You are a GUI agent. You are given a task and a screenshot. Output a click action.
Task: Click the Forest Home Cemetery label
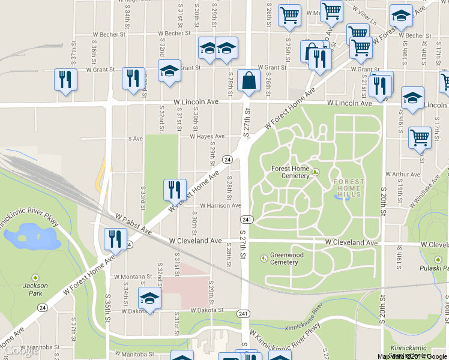pyautogui.click(x=290, y=172)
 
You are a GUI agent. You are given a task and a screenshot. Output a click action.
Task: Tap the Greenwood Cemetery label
pyautogui.click(x=284, y=258)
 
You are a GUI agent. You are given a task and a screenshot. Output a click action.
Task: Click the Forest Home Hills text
pyautogui.click(x=348, y=188)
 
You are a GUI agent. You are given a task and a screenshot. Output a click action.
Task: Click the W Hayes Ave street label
pyautogui.click(x=207, y=136)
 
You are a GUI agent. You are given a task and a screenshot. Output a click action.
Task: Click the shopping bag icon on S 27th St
pyautogui.click(x=249, y=80)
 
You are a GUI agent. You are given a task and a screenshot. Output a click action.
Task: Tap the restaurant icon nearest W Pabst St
pyautogui.click(x=113, y=239)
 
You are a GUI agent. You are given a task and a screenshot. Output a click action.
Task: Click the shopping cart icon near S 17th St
pyautogui.click(x=420, y=137)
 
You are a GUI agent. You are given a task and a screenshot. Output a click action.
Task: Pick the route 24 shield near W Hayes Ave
pyautogui.click(x=228, y=159)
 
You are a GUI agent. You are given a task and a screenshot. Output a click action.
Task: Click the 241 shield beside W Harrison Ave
pyautogui.click(x=246, y=218)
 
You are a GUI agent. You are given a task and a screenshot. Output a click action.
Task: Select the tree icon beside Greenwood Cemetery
pyautogui.click(x=264, y=258)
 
